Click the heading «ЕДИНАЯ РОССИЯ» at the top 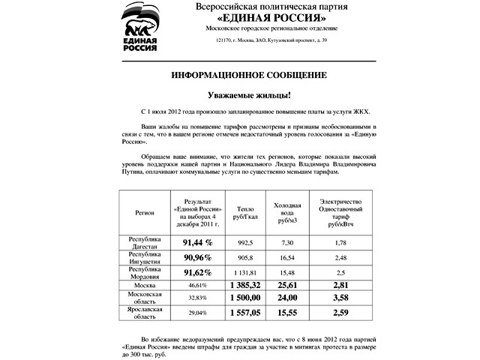pyautogui.click(x=261, y=17)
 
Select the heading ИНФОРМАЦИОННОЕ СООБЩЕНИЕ pyautogui.click(x=248, y=76)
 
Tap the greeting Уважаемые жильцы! pyautogui.click(x=248, y=95)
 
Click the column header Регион pyautogui.click(x=145, y=212)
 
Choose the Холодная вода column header pyautogui.click(x=287, y=212)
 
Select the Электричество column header pyautogui.click(x=340, y=212)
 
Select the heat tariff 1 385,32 pyautogui.click(x=245, y=286)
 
